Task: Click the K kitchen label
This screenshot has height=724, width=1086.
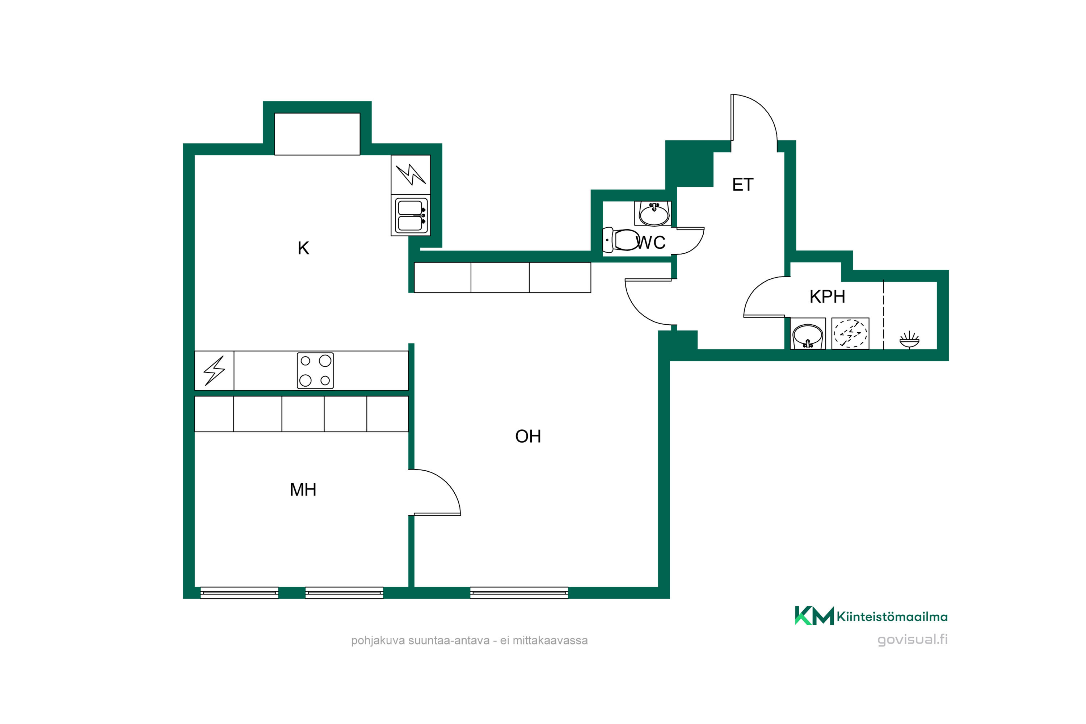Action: coord(303,248)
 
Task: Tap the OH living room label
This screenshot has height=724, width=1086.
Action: coord(528,436)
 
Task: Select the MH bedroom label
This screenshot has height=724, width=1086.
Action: coord(303,489)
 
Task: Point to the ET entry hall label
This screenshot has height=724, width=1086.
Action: coord(742,185)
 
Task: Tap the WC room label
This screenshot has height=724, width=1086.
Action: coord(651,243)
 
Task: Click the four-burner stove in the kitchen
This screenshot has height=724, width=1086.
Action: coord(315,370)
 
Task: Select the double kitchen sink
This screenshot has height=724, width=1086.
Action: coord(411,215)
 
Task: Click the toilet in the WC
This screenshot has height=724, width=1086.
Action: coord(621,240)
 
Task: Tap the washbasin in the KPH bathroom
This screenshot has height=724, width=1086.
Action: coord(808,334)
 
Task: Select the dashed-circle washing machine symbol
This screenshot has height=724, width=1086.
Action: coord(850,333)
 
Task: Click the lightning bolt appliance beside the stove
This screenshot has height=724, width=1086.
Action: coord(214,370)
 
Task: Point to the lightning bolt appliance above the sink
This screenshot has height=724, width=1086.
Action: coord(411,174)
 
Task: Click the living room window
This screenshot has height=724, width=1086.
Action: coord(519,593)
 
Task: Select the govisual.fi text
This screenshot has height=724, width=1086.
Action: coord(912,640)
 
